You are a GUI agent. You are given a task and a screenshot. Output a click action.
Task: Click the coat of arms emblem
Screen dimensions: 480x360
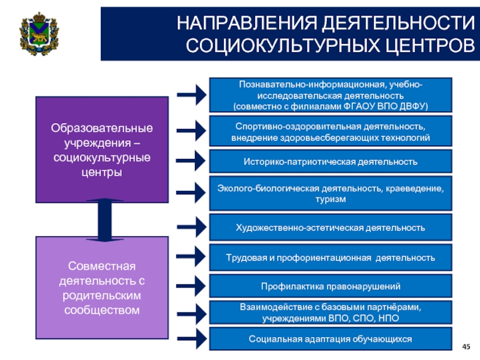click(39, 34)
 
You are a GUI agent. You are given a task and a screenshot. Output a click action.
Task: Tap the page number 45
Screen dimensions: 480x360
click(466, 347)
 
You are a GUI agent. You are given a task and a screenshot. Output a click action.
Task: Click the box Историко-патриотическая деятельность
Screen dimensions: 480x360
click(331, 161)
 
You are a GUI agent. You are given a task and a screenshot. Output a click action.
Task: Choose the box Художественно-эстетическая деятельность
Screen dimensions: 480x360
click(331, 227)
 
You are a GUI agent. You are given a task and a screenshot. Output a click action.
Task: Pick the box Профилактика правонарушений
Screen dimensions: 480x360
click(331, 286)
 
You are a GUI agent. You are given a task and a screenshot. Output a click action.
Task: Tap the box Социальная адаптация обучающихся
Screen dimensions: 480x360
click(331, 338)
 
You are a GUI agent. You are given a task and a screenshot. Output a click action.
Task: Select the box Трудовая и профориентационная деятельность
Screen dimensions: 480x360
click(331, 257)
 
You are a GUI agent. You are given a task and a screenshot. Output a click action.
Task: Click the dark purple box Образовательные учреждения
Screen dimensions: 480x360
click(102, 149)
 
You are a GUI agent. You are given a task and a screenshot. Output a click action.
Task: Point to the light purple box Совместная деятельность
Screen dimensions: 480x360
click(102, 287)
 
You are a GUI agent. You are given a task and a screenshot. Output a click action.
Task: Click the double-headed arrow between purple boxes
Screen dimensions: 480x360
click(104, 220)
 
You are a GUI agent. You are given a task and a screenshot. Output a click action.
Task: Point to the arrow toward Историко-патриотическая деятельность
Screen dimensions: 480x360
click(191, 160)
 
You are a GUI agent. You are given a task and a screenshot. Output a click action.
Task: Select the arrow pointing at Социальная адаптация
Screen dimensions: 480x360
click(192, 338)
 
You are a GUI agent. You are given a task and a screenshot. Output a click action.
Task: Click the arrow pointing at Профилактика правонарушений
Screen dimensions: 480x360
click(191, 286)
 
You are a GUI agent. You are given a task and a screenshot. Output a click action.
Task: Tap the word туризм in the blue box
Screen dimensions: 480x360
click(331, 199)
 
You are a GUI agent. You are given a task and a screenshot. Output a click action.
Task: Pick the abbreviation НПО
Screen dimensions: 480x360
click(389, 319)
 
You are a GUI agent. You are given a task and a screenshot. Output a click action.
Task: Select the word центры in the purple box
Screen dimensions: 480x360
click(102, 172)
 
